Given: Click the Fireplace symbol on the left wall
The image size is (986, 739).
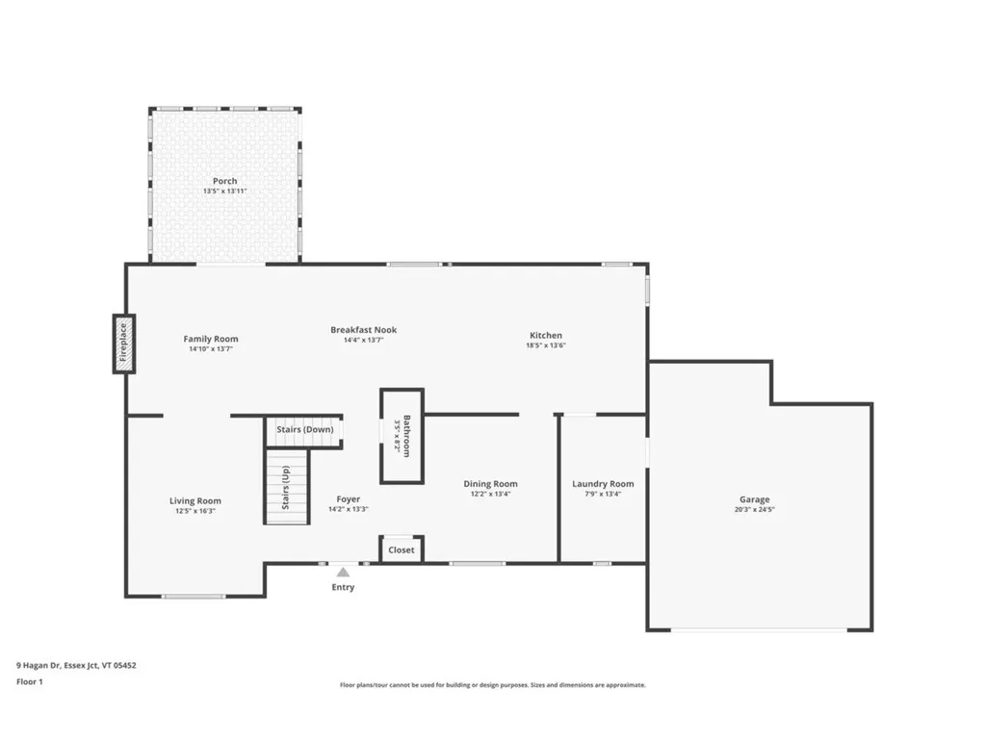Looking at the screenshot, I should (124, 344).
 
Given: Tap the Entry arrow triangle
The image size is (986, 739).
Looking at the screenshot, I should (343, 573).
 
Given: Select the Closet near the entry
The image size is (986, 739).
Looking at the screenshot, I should (402, 549).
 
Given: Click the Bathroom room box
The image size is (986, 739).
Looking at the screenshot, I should (402, 436).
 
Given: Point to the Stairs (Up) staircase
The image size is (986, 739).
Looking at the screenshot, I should (287, 488).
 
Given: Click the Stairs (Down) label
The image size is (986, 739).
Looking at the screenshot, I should (305, 429).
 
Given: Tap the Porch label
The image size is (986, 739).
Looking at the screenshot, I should (225, 181).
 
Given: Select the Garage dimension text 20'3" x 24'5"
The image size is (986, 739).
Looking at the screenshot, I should (754, 510).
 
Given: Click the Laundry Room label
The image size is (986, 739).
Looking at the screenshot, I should (603, 484).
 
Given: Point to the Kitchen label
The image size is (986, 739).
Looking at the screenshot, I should (545, 336).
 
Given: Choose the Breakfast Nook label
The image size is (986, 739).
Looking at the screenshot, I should (363, 330).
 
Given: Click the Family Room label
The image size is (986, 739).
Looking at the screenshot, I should (211, 339).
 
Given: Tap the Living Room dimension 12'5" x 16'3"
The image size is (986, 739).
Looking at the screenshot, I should (195, 512).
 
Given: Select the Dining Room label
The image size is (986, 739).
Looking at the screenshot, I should (491, 484).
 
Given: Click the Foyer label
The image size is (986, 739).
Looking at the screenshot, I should (348, 499).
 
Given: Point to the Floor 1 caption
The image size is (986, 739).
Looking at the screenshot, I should (30, 682).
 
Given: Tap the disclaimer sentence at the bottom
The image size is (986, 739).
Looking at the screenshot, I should (492, 685).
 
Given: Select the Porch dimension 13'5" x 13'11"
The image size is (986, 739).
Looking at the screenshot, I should (225, 191).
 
